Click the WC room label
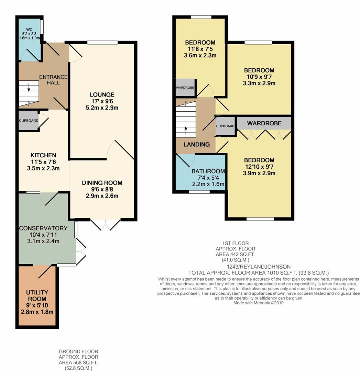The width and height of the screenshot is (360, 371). click(29, 30)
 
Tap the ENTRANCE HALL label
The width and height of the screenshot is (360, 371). click(53, 80)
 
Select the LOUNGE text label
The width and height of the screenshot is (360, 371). click(102, 95)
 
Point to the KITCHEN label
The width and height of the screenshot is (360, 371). click(43, 155)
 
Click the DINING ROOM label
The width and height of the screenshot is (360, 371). click(102, 183)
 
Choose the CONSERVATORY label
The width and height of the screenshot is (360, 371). click(43, 228)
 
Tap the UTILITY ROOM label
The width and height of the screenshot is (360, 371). click(37, 295)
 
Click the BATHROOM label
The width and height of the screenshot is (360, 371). click(208, 171)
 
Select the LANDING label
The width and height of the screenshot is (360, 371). click(197, 144)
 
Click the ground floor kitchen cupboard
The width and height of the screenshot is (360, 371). click(29, 121)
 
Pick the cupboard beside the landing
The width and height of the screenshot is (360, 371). click(225, 126)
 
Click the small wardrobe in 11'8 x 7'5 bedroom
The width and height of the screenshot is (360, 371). click(185, 88)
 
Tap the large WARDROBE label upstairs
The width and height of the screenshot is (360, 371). click(264, 123)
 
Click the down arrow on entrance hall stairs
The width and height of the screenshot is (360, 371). click(29, 87)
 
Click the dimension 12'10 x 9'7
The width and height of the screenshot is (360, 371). click(259, 167)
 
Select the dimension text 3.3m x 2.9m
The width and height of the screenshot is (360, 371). click(259, 83)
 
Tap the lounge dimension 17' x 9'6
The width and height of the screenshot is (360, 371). click(102, 101)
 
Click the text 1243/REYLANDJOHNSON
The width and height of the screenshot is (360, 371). click(259, 267)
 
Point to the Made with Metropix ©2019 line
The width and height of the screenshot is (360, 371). click(258, 303)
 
